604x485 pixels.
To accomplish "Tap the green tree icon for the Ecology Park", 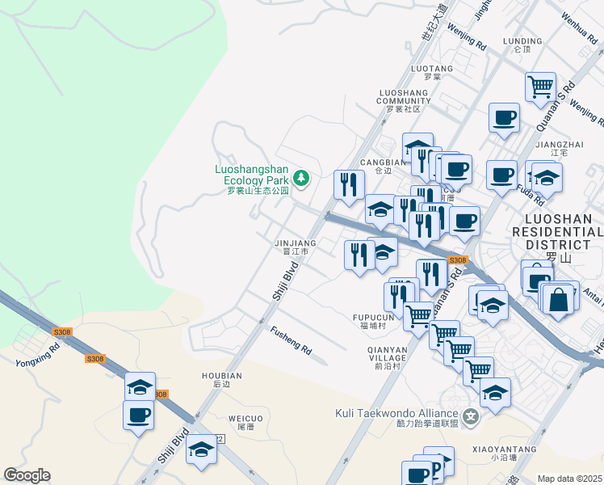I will coord(302,177).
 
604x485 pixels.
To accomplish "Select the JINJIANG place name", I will coord(295,242).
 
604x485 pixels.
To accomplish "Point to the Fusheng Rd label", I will coord(291,339).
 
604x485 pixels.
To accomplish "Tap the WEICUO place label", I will coord(245,418).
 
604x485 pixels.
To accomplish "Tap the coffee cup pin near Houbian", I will coord(138,415).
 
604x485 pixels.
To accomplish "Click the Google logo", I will coord(27,475).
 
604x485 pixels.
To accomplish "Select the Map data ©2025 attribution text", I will coord(569,479).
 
